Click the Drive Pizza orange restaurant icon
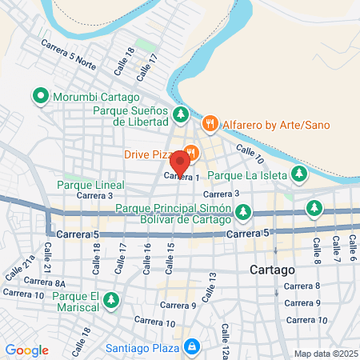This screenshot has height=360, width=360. pyautogui.click(x=191, y=153)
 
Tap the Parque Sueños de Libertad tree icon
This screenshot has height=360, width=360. pyautogui.click(x=182, y=115)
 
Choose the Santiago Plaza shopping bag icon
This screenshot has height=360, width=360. pyautogui.click(x=191, y=346)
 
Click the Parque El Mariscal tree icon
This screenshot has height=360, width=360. pyautogui.click(x=113, y=301)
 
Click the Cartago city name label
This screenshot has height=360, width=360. pyautogui.click(x=274, y=270)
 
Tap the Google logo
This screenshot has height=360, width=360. pyautogui.click(x=27, y=350)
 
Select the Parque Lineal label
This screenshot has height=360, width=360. pyautogui.click(x=90, y=185)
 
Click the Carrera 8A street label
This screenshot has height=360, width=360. pyautogui.click(x=44, y=282)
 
